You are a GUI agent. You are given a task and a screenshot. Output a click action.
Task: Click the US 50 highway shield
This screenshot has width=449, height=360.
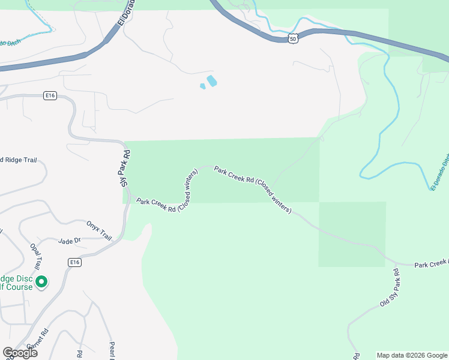(x=292, y=38)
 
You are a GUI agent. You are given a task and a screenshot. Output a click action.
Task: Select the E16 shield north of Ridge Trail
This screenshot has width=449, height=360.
(x=50, y=96)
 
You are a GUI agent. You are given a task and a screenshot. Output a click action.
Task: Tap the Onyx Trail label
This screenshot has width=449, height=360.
(x=99, y=229)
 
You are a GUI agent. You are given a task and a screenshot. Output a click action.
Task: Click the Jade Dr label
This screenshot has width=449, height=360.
(x=69, y=241)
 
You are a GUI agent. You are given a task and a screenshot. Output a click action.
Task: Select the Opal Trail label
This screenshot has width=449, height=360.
(x=36, y=256)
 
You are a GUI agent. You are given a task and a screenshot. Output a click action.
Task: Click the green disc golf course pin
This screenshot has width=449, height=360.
(x=41, y=281)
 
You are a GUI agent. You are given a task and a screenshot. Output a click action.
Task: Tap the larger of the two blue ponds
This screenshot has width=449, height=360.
(x=211, y=80)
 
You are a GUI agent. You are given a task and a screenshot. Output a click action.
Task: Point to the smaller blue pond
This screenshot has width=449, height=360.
(x=203, y=86)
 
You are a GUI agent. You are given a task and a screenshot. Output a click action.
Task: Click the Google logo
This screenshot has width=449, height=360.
(x=20, y=353)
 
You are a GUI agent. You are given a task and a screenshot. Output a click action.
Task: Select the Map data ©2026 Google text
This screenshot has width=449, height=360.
(x=411, y=355)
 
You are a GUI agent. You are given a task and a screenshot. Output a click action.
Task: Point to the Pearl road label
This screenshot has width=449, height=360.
(x=112, y=350)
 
